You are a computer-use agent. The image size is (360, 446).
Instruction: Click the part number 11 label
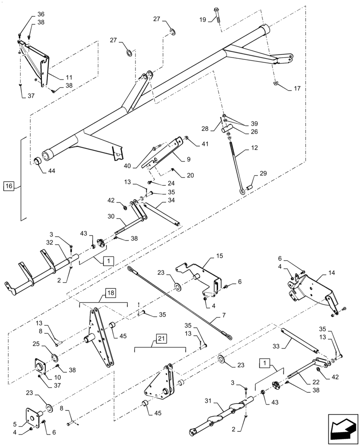(x=69, y=77)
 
